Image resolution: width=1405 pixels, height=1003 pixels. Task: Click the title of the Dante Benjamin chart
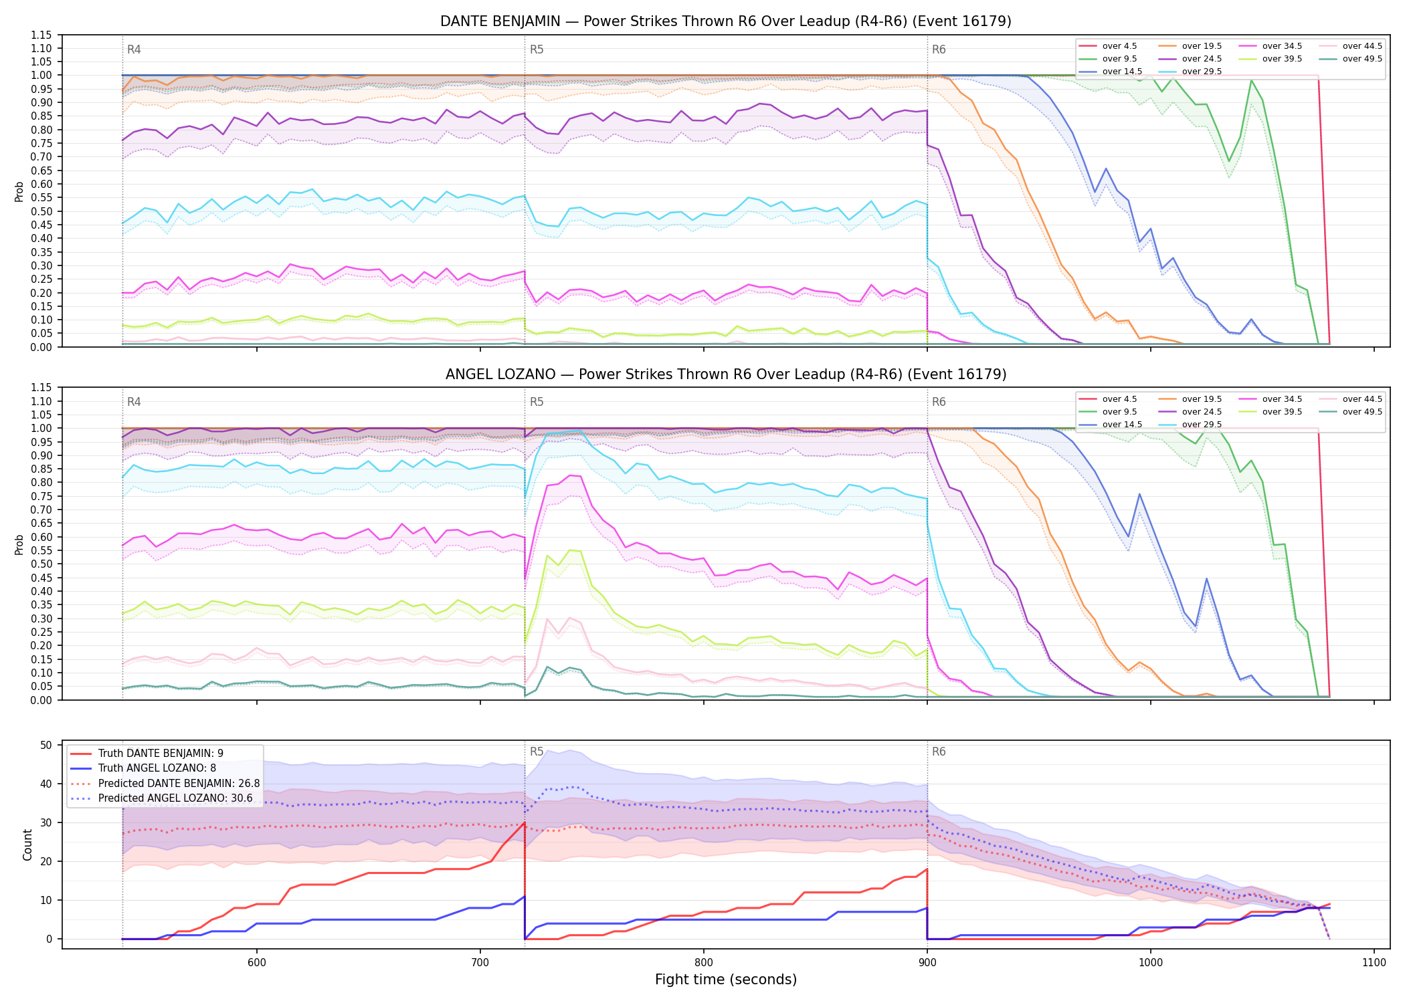click(726, 21)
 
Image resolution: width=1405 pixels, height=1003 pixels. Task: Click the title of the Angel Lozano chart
click(726, 374)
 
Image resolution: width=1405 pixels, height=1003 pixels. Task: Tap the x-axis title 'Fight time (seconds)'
click(726, 980)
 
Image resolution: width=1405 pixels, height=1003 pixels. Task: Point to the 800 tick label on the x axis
click(704, 962)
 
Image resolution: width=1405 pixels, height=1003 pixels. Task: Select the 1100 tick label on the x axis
click(1374, 962)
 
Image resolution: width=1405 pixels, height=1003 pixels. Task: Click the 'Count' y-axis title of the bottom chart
click(27, 845)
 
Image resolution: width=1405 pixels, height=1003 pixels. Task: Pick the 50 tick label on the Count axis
click(46, 745)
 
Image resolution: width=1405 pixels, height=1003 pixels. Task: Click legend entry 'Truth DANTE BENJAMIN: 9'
click(161, 754)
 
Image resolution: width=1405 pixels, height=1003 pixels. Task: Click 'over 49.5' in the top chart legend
click(1362, 59)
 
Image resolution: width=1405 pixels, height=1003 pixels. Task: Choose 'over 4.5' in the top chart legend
click(1119, 46)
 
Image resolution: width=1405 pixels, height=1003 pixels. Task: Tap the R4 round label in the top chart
click(134, 49)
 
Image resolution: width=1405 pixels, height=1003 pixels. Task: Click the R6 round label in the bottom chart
click(939, 752)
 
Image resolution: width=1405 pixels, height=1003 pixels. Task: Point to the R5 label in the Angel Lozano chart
click(537, 402)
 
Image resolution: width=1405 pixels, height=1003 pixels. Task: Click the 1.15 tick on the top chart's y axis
click(42, 35)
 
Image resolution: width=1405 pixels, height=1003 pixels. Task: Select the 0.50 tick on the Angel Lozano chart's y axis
click(42, 564)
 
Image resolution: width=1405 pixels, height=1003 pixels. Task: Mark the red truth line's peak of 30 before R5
click(525, 822)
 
